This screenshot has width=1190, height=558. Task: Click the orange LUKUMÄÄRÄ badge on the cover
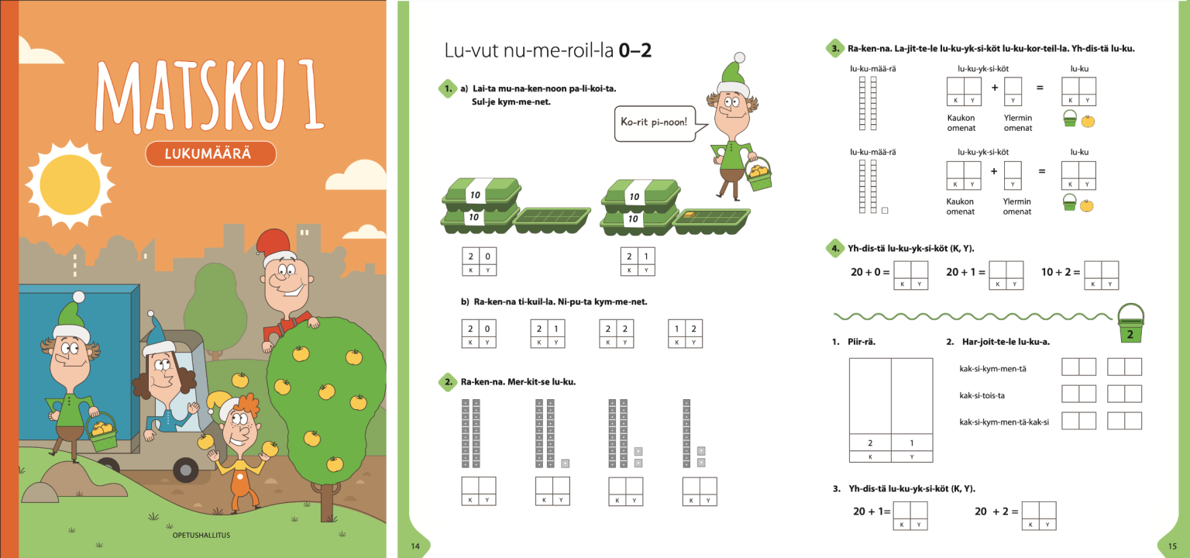[x=211, y=153]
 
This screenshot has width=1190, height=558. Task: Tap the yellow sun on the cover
[x=71, y=184]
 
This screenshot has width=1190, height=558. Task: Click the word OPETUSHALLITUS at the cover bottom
[x=201, y=536]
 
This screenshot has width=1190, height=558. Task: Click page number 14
[x=415, y=546]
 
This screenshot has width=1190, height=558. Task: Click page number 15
[x=1172, y=546]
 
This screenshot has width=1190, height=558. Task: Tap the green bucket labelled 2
[x=1130, y=323]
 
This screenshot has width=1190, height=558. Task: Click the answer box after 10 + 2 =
[x=1101, y=275]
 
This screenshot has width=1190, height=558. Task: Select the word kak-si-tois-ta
[x=982, y=395]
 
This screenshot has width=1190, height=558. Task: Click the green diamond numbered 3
[x=835, y=48]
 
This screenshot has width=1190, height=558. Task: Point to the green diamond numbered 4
[x=835, y=248]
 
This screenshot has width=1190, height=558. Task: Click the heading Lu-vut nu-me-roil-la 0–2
[x=548, y=50]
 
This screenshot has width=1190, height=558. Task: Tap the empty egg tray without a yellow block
[x=552, y=218]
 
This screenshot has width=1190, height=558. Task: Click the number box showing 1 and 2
[x=686, y=334]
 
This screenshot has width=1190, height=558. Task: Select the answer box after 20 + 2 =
[x=1039, y=515]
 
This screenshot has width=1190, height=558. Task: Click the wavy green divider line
[x=973, y=317]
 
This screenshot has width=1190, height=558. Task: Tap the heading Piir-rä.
[x=862, y=342]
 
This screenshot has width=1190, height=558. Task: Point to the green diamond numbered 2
[x=448, y=382]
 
